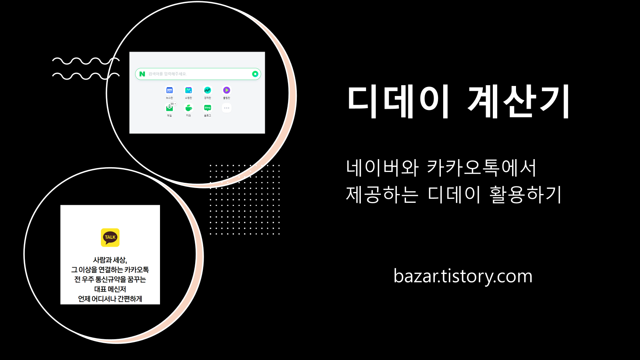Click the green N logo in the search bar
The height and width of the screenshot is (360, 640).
[x=142, y=74]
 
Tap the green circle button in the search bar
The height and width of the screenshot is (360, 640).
[x=255, y=74]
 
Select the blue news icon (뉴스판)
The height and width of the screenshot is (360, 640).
[x=170, y=90]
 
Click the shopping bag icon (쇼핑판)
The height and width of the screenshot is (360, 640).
[x=188, y=90]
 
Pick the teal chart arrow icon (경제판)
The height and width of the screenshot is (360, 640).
[x=207, y=90]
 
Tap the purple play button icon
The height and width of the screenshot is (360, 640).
[x=226, y=90]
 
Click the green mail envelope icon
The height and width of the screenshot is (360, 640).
[x=169, y=108]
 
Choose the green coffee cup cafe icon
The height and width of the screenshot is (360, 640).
[x=188, y=108]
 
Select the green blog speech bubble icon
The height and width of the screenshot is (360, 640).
[x=207, y=108]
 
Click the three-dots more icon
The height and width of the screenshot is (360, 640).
[x=226, y=108]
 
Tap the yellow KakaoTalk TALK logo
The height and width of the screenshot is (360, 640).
[x=110, y=237]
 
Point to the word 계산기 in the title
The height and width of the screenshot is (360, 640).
[x=519, y=102]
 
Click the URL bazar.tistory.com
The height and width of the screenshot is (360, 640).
[x=463, y=276]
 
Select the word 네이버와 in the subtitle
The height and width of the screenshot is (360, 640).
[x=382, y=168]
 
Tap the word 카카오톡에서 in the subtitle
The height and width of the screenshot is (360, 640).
[x=481, y=168]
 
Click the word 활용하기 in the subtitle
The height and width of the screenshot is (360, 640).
[x=526, y=195]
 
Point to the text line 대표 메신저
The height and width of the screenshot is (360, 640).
[x=110, y=289]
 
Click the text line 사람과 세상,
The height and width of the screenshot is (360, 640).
[x=110, y=260]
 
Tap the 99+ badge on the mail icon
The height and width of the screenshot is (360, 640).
[x=173, y=104]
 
